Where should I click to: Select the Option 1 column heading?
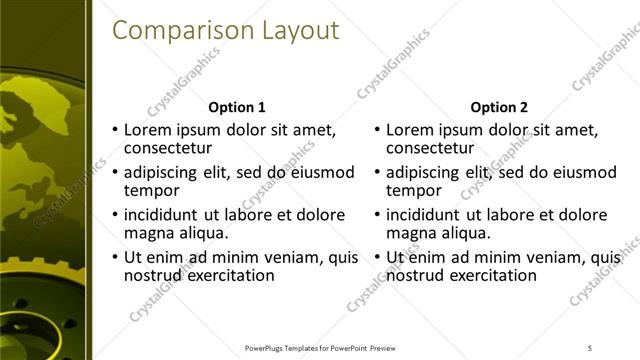(236, 107)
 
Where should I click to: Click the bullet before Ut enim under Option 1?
(115, 258)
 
